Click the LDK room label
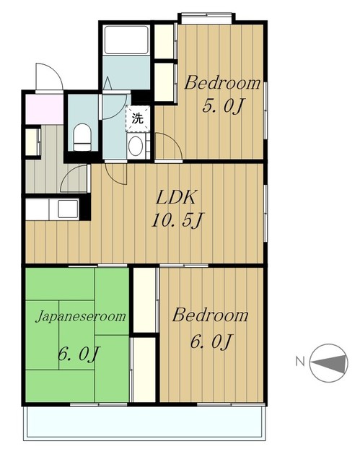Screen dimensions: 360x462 tap(175, 197)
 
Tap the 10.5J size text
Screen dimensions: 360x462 tap(177, 220)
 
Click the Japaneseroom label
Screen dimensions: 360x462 tap(81, 317)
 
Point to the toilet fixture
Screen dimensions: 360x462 tap(82, 137)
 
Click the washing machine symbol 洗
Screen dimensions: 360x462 tap(138, 118)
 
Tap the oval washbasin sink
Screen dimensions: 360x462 tap(136, 146)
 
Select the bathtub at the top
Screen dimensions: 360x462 tap(126, 40)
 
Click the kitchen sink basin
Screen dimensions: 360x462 tap(68, 209)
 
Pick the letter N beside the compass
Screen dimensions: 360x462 tap(300, 361)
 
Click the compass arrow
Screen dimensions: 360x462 tap(328, 362)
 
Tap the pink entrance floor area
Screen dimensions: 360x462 tap(44, 109)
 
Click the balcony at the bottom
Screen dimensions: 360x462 tap(144, 423)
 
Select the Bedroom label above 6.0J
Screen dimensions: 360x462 tap(210, 315)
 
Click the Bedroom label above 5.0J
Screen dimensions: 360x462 tap(222, 83)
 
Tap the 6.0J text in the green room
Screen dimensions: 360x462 tap(79, 354)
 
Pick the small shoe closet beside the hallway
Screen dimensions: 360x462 tap(32, 142)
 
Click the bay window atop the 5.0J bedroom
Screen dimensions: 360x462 tap(206, 19)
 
